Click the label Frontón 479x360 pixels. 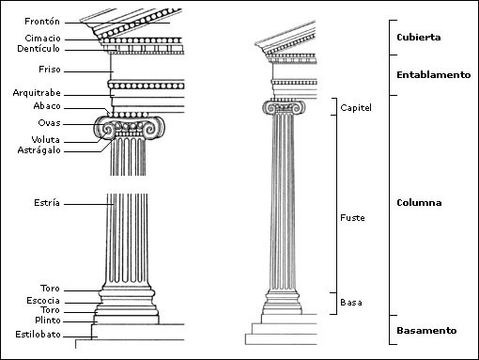coord(43,21)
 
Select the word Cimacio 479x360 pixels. coord(43,38)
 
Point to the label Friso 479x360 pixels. coord(51,70)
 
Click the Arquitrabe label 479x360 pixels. coord(37,93)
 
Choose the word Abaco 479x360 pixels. coord(48,107)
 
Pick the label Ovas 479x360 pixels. coord(50,123)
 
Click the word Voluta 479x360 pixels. coord(46,139)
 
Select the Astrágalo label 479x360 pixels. coord(39,149)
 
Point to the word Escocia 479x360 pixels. coord(43,300)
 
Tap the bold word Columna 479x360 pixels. coord(419,203)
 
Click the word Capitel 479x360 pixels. coord(356,108)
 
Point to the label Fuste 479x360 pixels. coord(352,218)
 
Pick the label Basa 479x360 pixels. coord(350,303)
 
